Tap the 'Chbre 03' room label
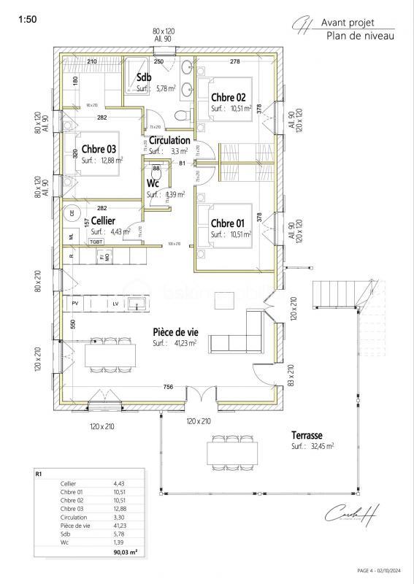coord(99,148)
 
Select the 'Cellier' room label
coord(103,220)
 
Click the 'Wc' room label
coord(153,182)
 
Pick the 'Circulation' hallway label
coord(169,140)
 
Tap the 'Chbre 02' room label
coord(228,97)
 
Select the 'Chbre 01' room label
coord(228,223)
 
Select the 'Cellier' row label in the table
coord(69,483)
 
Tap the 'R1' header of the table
coord(40,473)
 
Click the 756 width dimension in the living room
coord(168,386)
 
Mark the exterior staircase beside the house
coord(336,296)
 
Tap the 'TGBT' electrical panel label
coord(96,241)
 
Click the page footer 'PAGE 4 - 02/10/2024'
coord(383,569)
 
